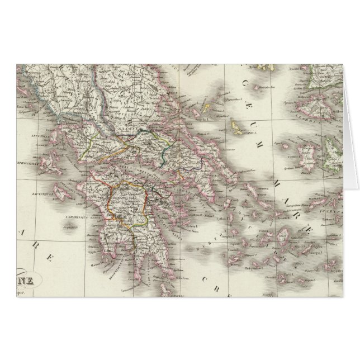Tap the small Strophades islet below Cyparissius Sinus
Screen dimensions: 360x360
point(70,227)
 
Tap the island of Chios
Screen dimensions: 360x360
point(307,154)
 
